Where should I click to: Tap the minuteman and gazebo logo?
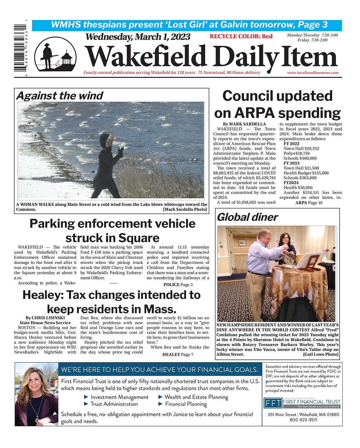coord(55,55)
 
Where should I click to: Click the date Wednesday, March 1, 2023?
coord(138,37)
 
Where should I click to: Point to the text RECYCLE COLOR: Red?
coord(241,37)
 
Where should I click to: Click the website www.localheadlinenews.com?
coord(313,73)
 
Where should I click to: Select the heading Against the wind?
coord(59,96)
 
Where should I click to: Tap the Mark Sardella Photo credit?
coord(185,209)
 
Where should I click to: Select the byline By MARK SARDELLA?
coord(244,124)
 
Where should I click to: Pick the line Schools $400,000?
coord(300,158)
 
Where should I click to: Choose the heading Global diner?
coord(247,217)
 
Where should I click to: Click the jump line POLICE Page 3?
coord(178,284)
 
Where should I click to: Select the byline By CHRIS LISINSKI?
coord(45,318)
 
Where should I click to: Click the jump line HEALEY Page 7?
coord(178,354)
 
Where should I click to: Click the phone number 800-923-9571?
coord(303,420)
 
